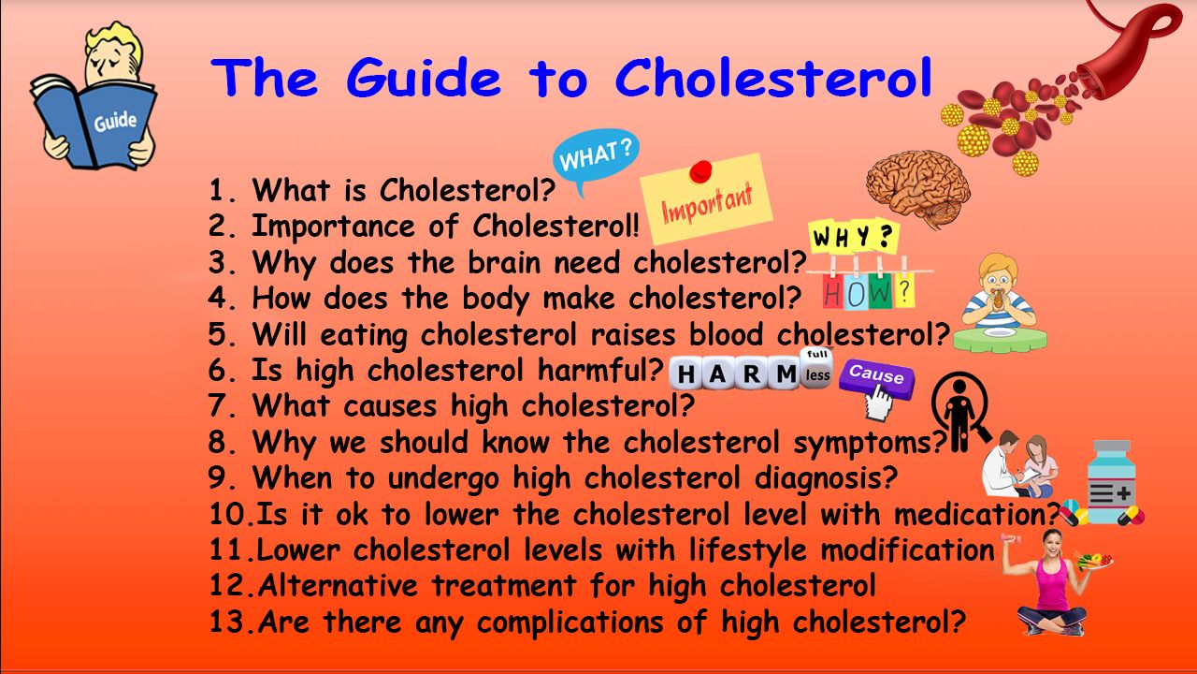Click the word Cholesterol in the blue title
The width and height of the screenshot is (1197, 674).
tap(774, 77)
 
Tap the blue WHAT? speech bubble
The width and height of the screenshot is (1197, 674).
tap(596, 156)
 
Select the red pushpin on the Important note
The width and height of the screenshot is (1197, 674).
tap(700, 171)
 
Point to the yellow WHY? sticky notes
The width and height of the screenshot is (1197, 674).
tap(854, 236)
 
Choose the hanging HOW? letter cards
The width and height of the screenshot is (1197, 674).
tap(869, 289)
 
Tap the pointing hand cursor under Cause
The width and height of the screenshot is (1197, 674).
tap(878, 403)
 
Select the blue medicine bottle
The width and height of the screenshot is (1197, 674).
tap(1111, 482)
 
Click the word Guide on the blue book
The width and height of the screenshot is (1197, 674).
tap(115, 122)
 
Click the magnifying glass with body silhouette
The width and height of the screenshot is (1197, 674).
tap(960, 410)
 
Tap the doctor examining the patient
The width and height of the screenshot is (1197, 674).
tap(1019, 464)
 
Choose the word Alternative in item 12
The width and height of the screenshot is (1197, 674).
tap(338, 585)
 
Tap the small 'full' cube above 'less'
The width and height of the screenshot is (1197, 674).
tap(816, 355)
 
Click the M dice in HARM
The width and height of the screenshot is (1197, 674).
tap(786, 374)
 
